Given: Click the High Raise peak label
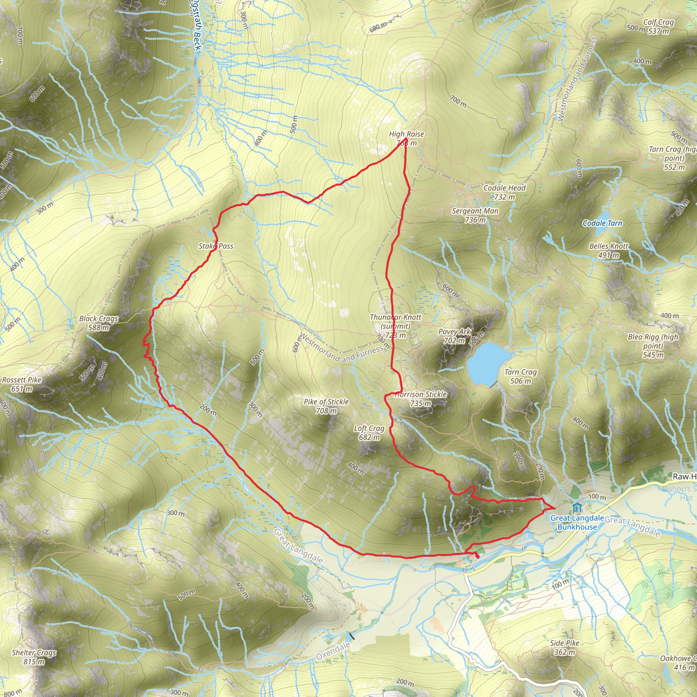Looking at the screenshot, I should click(x=406, y=138).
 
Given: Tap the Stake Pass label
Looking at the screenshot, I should click(x=216, y=246).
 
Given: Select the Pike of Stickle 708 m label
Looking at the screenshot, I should click(x=326, y=406).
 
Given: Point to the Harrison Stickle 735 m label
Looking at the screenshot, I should click(x=421, y=399).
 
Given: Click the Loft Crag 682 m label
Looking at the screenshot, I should click(x=369, y=433).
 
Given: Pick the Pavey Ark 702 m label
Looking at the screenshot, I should click(x=454, y=336).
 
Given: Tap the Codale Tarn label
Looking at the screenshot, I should click(x=602, y=223).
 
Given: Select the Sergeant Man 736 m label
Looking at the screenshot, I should click(x=475, y=215).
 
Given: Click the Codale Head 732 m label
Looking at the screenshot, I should click(x=504, y=192).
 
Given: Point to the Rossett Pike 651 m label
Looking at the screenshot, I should click(x=22, y=384).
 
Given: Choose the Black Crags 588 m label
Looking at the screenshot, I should click(x=98, y=323).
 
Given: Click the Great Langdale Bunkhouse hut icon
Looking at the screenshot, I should click(x=577, y=508).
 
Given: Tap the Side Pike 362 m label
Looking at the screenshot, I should click(x=565, y=647).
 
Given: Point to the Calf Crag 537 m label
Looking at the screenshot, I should click(x=658, y=27).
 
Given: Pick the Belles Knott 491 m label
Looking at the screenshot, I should click(x=609, y=250).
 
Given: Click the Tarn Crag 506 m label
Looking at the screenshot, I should click(x=521, y=376).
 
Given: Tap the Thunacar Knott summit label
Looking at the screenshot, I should click(x=395, y=326).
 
